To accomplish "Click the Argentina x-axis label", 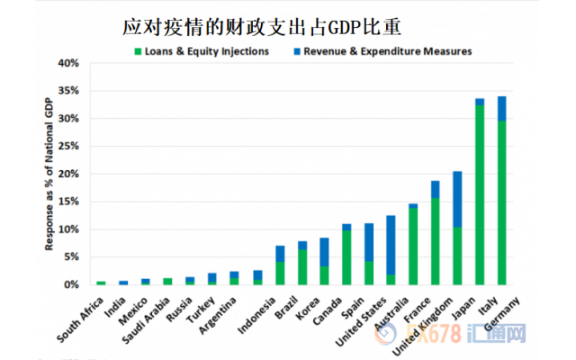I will tap(214, 309).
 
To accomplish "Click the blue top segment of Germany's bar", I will tap(502, 108).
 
